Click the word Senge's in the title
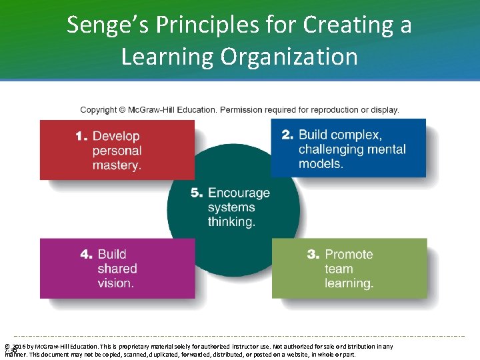pyautogui.click(x=107, y=25)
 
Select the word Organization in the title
pyautogui.click(x=297, y=57)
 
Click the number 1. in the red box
pyautogui.click(x=81, y=136)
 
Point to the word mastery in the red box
pyautogui.click(x=117, y=165)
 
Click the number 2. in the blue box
pyautogui.click(x=287, y=135)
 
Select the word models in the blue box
pyautogui.click(x=321, y=164)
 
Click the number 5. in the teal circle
pyautogui.click(x=197, y=193)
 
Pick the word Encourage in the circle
pyautogui.click(x=239, y=193)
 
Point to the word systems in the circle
pyautogui.click(x=231, y=207)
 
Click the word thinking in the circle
pyautogui.click(x=231, y=222)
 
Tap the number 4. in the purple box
pyautogui.click(x=87, y=254)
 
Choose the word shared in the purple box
pyautogui.click(x=117, y=269)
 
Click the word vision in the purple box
pyautogui.click(x=115, y=283)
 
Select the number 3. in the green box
pyautogui.click(x=313, y=255)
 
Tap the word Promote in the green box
pyautogui.click(x=349, y=255)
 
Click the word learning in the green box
pyautogui.click(x=349, y=283)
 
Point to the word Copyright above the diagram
pyautogui.click(x=99, y=110)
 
